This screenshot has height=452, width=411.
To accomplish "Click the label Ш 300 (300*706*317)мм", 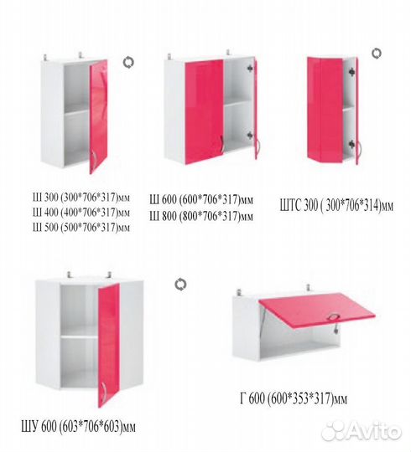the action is coord(81,198).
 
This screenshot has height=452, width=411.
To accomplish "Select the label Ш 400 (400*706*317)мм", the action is coord(81,213).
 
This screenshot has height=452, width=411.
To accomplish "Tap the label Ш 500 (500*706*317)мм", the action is coord(81,228).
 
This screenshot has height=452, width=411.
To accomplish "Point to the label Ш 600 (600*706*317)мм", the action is coord(201,200).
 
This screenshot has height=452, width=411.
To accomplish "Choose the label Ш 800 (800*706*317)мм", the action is coord(201,216).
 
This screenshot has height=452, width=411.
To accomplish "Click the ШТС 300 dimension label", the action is coord(336,206).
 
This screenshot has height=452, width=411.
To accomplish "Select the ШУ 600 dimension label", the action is coord(78,427).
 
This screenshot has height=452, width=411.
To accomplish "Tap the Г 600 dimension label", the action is coord(294,398).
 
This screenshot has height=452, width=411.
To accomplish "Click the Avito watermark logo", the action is coord(362,432).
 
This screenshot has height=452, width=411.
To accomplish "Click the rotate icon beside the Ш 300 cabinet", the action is coord(128,62).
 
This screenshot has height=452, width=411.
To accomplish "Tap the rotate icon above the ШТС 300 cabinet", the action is coord(376,54).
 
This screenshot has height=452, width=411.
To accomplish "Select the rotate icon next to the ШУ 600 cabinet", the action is coord(180,285).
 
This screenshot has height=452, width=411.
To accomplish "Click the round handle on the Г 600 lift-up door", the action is coord(334,317).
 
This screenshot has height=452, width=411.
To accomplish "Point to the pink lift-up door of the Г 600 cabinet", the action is coord(318,311).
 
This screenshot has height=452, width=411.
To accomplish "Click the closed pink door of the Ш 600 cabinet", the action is coord(204,112).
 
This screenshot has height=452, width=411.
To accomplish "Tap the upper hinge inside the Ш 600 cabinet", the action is coord(250,68).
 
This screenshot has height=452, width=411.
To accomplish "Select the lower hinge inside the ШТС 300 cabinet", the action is coord(351,144).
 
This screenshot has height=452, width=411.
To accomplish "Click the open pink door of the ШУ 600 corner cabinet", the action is coord(108,346).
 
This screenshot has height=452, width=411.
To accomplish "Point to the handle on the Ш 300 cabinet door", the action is coord(95,161).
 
